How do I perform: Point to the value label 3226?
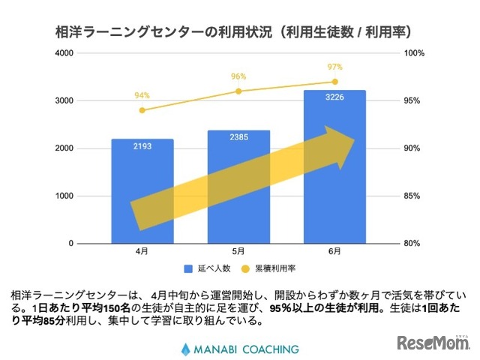pyautogui.click(x=334, y=97)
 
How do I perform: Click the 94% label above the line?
pyautogui.click(x=142, y=95)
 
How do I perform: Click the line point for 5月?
pyautogui.click(x=238, y=91)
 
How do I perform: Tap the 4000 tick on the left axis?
pyautogui.click(x=65, y=53)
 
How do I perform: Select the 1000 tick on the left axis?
pyautogui.click(x=65, y=196)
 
